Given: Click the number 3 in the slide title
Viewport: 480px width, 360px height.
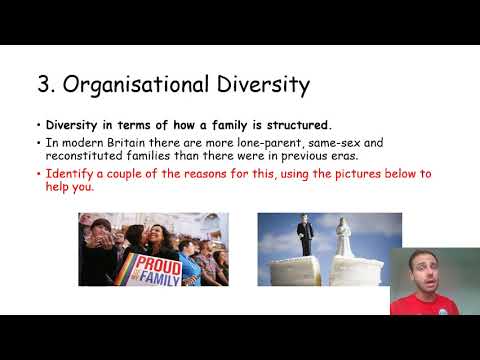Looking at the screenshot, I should (44, 85).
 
